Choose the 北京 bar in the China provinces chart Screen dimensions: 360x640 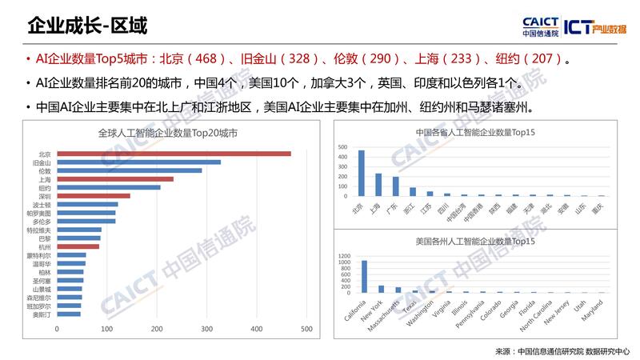[361, 173]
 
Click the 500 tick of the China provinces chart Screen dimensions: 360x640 [343, 148]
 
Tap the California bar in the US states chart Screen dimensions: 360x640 [364, 277]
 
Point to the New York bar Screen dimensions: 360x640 [381, 289]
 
